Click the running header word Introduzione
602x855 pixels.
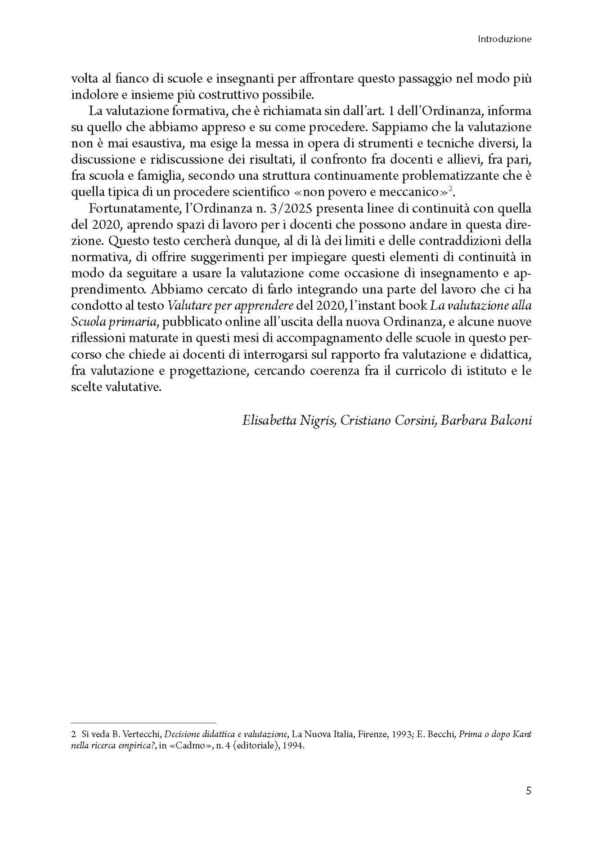504,39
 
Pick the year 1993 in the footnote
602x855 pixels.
393,735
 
